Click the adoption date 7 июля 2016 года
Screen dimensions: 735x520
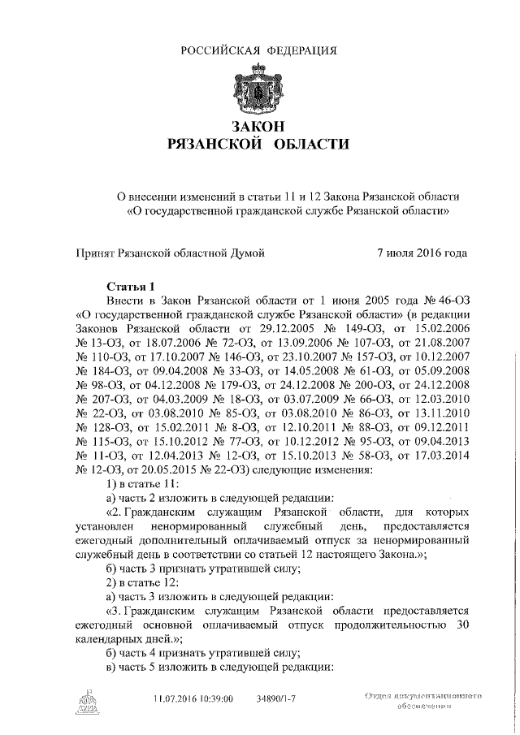[x=422, y=253]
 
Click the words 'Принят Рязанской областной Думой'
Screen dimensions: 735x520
[x=171, y=253]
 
